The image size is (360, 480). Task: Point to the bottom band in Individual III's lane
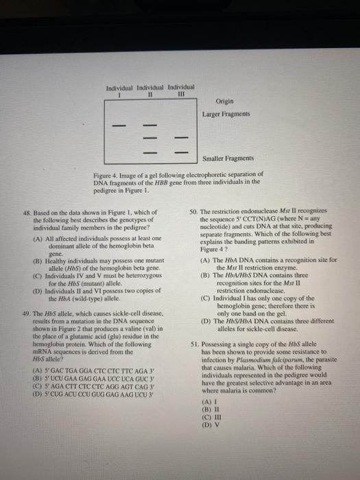(x=182, y=151)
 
